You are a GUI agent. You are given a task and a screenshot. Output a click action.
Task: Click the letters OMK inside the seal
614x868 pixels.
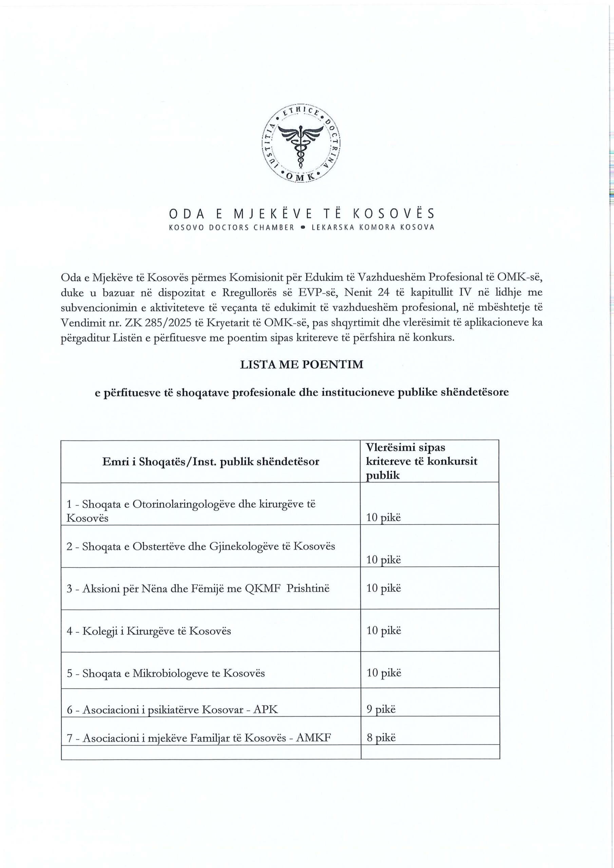click(x=301, y=176)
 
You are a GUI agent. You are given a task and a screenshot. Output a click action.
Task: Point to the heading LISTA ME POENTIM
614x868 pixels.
click(x=302, y=364)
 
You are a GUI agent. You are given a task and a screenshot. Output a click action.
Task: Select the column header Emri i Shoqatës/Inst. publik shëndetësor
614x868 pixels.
click(x=211, y=461)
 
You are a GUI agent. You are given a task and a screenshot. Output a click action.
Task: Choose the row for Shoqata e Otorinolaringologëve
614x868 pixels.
click(x=191, y=510)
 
